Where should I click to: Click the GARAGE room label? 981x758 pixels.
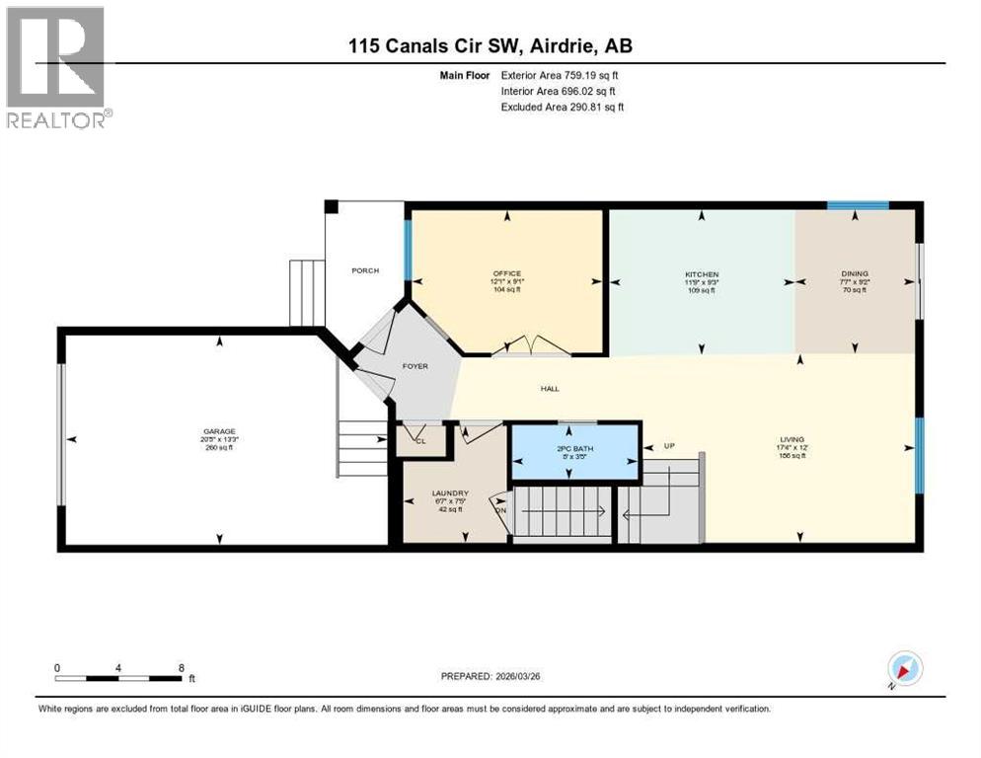tap(218, 431)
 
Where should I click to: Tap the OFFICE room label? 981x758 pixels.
tap(507, 273)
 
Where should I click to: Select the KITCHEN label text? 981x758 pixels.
tap(702, 273)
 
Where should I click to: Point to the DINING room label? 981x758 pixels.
tap(855, 273)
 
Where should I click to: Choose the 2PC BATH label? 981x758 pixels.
tap(574, 449)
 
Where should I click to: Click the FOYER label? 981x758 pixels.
tap(415, 366)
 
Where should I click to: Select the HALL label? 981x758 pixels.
tap(550, 389)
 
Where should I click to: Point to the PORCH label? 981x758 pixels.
tap(365, 270)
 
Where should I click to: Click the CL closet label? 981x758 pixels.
tap(418, 441)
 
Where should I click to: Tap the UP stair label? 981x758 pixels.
tap(668, 446)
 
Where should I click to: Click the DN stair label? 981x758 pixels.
tap(501, 510)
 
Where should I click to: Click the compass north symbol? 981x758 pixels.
tap(903, 669)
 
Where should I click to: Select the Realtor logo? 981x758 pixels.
tap(56, 67)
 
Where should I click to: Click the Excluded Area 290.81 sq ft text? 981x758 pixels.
tap(562, 107)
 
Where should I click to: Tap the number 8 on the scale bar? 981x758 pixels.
tap(181, 667)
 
